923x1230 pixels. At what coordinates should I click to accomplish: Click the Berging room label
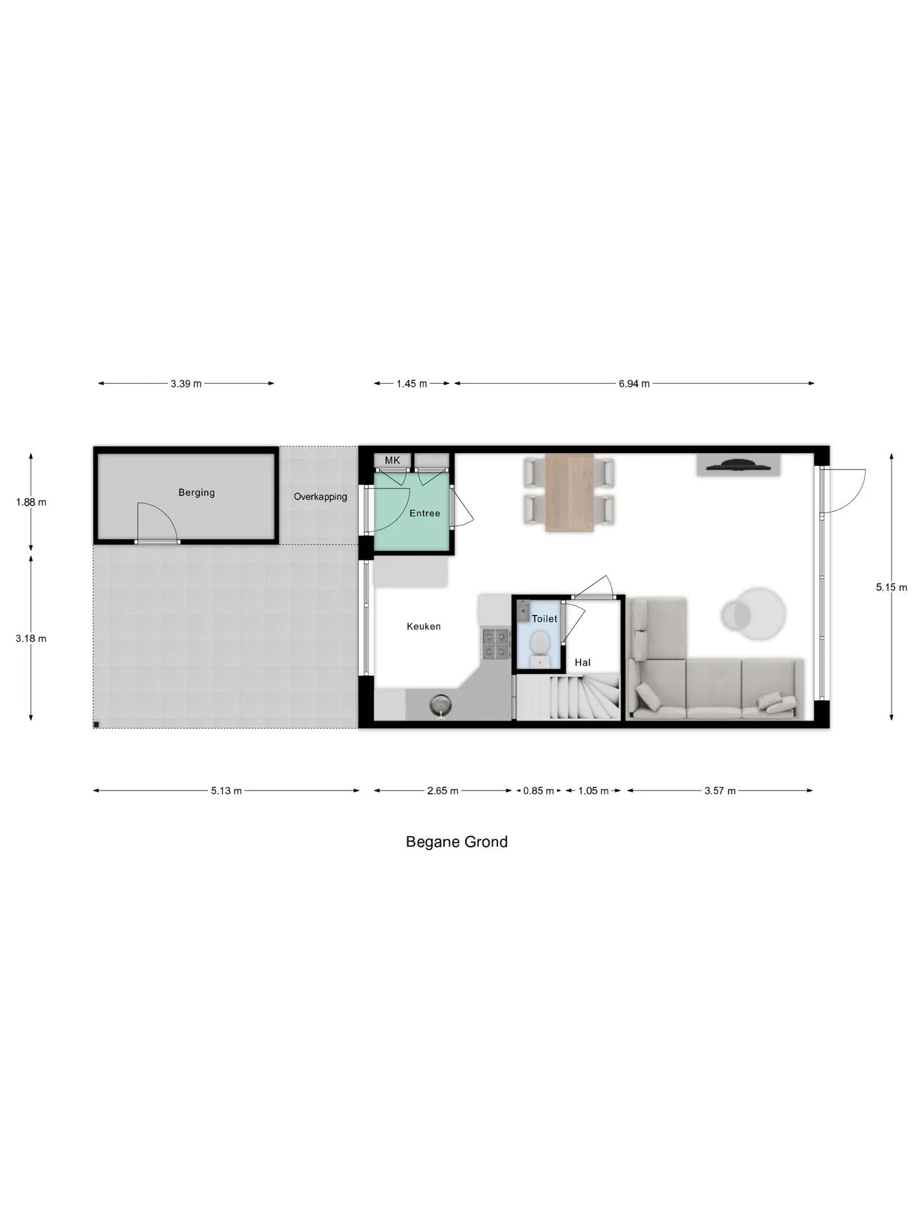point(196,493)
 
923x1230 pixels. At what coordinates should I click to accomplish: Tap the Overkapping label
point(320,496)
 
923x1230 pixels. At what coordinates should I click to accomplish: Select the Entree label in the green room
point(425,513)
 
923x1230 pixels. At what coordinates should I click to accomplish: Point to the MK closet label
point(392,460)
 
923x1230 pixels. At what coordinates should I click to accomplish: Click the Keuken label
point(424,627)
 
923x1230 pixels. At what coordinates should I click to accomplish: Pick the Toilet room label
point(544,619)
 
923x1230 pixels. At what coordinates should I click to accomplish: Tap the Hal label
point(583,662)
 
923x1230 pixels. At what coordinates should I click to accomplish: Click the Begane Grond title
point(456,842)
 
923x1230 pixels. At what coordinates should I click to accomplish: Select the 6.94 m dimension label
point(634,384)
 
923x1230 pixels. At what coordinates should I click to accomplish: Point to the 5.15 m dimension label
point(892,587)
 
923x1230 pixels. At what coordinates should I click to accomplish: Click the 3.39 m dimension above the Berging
point(186,384)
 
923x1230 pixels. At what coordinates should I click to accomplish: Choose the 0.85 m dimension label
point(538,791)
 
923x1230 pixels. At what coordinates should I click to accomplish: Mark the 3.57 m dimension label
point(720,791)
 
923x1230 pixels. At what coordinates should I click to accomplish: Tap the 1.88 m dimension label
point(31,502)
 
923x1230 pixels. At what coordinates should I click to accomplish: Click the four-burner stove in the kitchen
point(496,644)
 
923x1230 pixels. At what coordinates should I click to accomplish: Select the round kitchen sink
point(442,705)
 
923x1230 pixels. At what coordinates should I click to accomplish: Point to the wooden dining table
point(570,493)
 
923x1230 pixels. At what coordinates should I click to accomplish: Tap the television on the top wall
point(738,464)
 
